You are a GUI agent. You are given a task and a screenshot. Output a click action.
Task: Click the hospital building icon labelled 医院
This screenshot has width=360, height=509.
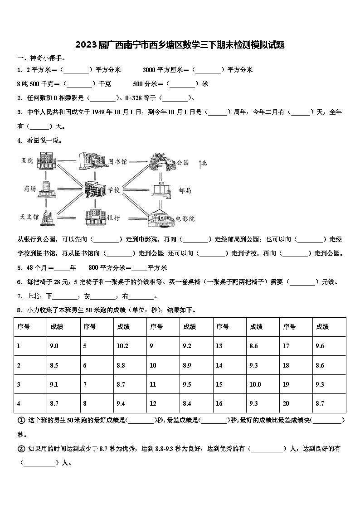point(46,160)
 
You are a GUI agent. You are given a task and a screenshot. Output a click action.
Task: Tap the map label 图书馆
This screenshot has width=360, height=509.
point(117,161)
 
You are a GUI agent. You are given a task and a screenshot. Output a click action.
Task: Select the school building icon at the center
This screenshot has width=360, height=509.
point(94,189)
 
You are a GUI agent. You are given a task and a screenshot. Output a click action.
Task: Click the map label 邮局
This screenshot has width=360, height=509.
point(185,190)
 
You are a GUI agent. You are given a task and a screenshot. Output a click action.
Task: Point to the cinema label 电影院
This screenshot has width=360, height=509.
point(185,218)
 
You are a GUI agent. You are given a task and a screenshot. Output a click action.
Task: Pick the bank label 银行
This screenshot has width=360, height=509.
point(113,218)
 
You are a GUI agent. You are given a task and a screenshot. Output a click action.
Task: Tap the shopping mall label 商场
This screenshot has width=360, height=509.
point(30,189)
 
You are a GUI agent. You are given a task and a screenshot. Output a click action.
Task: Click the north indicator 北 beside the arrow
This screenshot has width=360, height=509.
point(204,163)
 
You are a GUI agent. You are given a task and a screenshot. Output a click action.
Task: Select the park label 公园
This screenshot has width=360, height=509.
point(182,162)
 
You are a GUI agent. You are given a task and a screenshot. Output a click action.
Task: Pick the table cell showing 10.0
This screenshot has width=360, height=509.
point(255,384)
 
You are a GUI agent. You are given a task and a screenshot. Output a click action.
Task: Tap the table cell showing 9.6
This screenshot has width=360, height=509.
point(320,346)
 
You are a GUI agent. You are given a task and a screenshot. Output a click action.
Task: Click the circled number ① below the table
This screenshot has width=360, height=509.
point(21,420)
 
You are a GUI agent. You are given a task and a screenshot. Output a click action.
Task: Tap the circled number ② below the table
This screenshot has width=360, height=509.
point(21,449)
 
